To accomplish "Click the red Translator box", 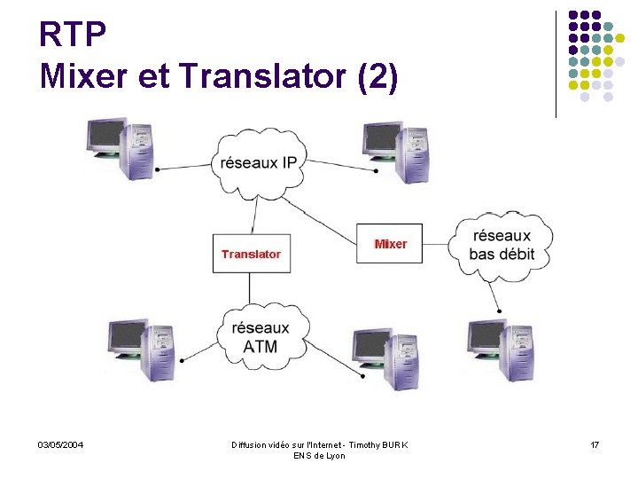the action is click(250, 254).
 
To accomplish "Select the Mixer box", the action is click(390, 244).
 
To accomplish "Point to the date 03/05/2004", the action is click(60, 444).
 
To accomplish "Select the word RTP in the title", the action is click(74, 36).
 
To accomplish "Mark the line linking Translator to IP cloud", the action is click(254, 215).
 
